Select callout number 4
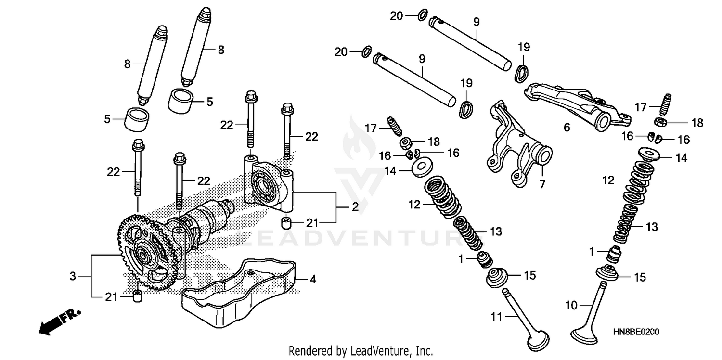click(313, 279)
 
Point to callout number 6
click(567, 128)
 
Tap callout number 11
click(496, 317)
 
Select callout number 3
click(73, 276)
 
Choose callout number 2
click(355, 207)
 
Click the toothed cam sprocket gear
click(144, 253)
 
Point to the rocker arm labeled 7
click(515, 149)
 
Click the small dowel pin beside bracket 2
click(287, 223)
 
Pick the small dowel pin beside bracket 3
click(137, 297)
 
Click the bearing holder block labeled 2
click(267, 185)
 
